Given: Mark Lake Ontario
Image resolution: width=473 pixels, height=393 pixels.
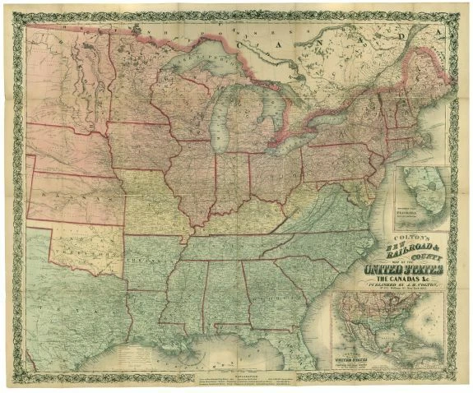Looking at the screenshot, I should pyautogui.click(x=328, y=115).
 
